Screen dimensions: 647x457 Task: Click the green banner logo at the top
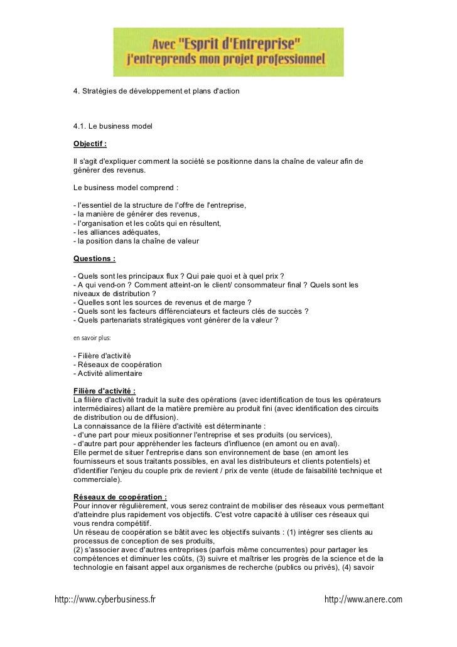point(228,51)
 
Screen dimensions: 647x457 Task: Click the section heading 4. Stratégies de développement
point(156,92)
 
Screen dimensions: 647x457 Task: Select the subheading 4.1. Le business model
point(113,127)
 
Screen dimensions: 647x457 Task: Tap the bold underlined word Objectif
point(90,144)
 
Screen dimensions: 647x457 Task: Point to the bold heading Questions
point(94,259)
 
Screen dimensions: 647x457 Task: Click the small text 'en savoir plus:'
point(92,338)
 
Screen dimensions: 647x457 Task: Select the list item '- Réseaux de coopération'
point(117,365)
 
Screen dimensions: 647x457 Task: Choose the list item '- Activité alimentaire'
point(108,373)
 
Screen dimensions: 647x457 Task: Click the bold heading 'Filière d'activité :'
point(104,392)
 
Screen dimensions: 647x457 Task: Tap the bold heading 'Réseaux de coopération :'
point(120,497)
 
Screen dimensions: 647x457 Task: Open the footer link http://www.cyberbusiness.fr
point(105,600)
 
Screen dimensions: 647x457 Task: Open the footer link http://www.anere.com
point(363,600)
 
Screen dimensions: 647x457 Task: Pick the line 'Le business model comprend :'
point(126,188)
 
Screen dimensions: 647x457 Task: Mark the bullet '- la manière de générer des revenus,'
point(136,214)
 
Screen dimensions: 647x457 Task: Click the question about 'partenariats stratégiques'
point(176,320)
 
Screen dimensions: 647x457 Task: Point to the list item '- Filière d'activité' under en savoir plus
point(102,356)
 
